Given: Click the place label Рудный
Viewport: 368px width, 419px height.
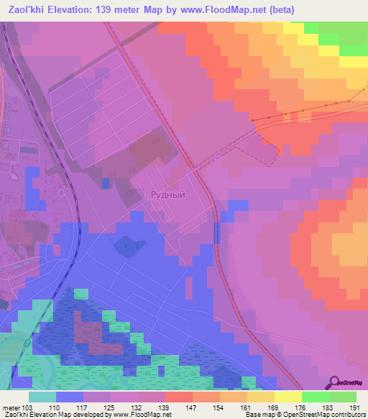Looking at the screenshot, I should pyautogui.click(x=167, y=195).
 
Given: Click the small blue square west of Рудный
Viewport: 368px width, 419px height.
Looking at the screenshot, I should pyautogui.click(x=106, y=184).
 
